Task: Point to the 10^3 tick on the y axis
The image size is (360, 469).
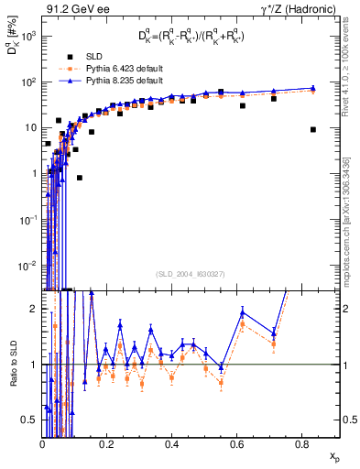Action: (29, 36)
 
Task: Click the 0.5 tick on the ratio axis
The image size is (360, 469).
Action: (29, 420)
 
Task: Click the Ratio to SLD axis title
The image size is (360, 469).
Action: (12, 365)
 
